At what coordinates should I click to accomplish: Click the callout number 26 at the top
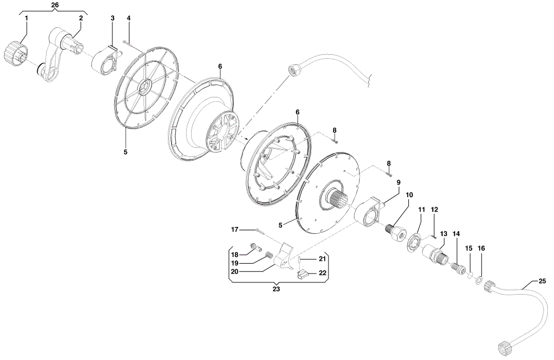tap(55, 5)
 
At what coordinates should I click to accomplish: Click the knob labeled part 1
tap(13, 54)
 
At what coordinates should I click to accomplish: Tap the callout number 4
tap(129, 18)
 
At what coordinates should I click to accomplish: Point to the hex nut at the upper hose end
tap(295, 70)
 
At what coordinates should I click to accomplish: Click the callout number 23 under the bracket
tap(276, 289)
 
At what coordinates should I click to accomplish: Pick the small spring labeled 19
tap(269, 255)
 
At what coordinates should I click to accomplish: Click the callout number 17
tap(235, 230)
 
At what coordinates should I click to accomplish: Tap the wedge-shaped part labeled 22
tap(304, 274)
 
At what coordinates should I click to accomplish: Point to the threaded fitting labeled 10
tap(394, 232)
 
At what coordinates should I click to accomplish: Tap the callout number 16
tap(481, 248)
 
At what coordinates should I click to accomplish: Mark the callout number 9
tap(398, 182)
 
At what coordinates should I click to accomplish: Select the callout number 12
tap(434, 209)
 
